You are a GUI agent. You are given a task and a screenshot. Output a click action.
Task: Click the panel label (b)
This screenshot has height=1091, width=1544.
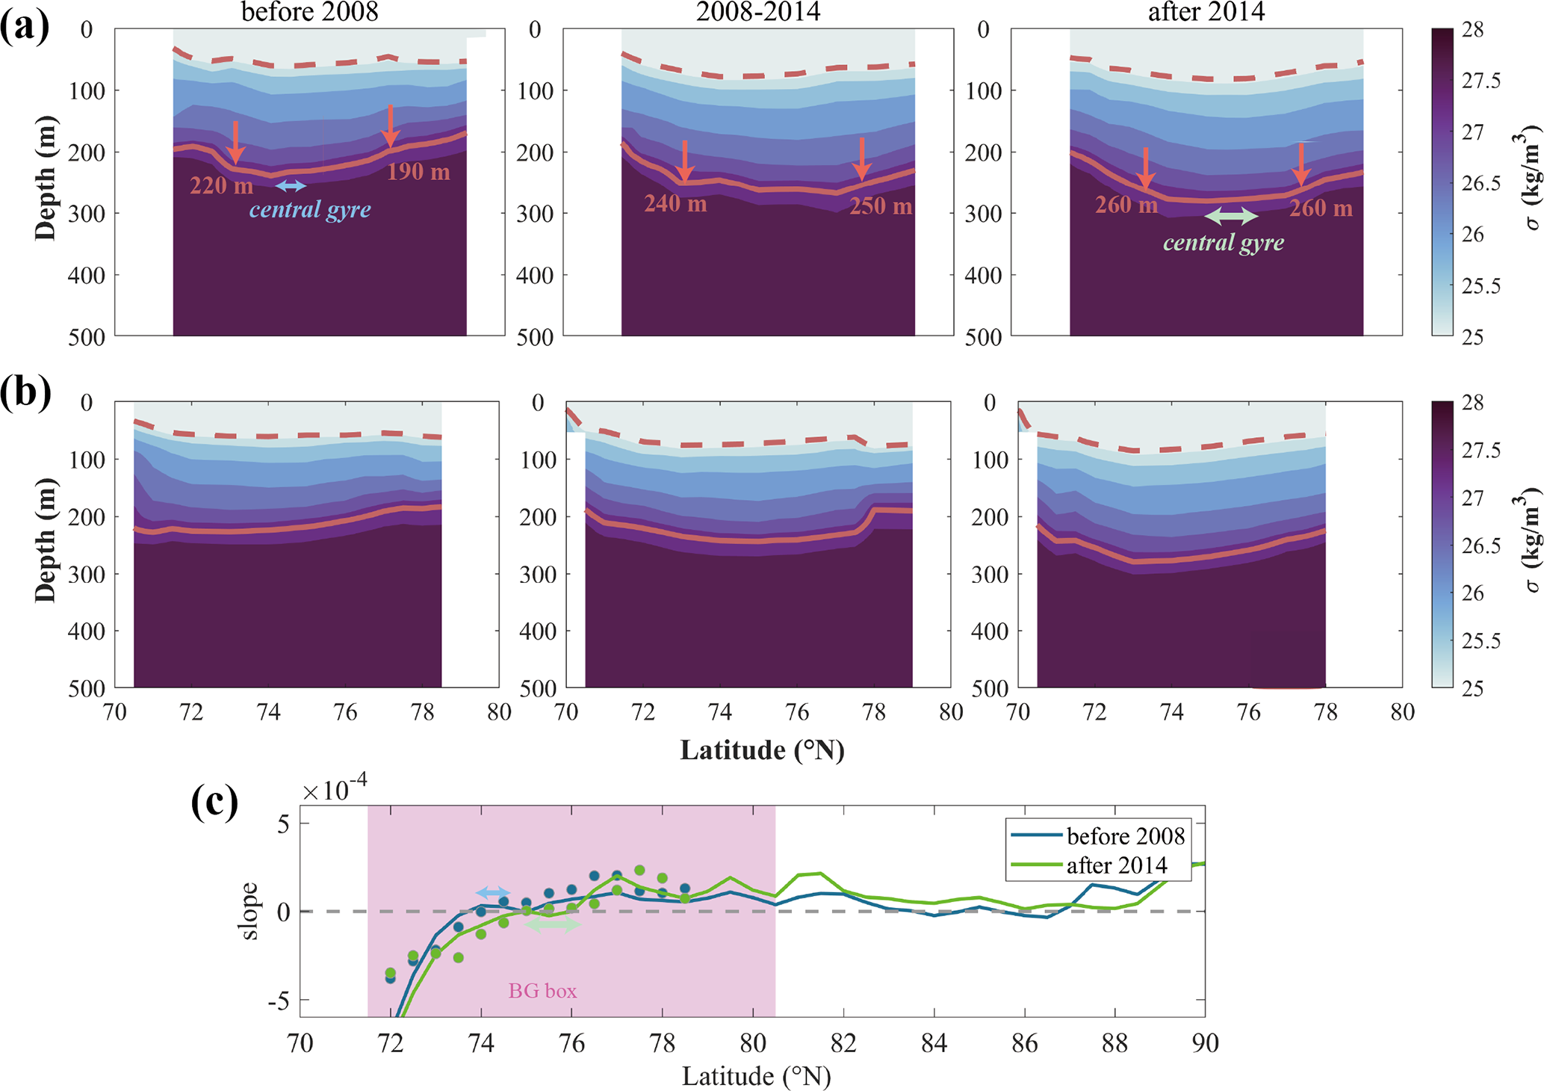click(x=25, y=392)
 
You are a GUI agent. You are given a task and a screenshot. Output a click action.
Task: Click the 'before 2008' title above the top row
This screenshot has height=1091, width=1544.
click(x=309, y=12)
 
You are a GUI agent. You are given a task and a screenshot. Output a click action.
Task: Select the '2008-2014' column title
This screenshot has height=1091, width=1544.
click(x=757, y=12)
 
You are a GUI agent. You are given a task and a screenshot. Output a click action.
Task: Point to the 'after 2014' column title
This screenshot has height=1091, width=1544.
click(x=1206, y=12)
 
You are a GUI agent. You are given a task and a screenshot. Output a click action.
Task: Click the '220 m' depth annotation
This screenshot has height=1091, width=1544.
click(x=221, y=185)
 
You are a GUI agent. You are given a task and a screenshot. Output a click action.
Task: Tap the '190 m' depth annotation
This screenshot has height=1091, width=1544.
click(x=418, y=172)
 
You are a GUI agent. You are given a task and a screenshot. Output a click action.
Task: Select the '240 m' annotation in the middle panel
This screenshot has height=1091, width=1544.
click(x=675, y=203)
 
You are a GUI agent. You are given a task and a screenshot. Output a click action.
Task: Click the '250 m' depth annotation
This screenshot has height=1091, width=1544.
click(x=881, y=205)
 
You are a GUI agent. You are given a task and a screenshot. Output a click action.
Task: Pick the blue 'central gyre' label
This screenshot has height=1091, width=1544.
click(x=310, y=209)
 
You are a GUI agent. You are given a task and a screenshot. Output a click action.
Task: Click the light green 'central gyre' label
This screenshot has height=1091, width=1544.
click(x=1224, y=242)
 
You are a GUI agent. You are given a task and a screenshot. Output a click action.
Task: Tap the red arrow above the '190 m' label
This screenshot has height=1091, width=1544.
click(x=389, y=126)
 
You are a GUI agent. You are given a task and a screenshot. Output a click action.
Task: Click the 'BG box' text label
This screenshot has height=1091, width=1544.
click(x=542, y=991)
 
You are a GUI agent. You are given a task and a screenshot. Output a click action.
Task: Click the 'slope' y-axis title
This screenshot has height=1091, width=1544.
click(x=249, y=911)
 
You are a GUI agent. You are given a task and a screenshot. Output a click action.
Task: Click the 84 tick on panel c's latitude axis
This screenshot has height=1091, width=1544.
click(x=934, y=1043)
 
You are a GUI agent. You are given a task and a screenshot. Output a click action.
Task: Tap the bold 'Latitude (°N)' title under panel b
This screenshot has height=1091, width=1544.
click(x=762, y=750)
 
